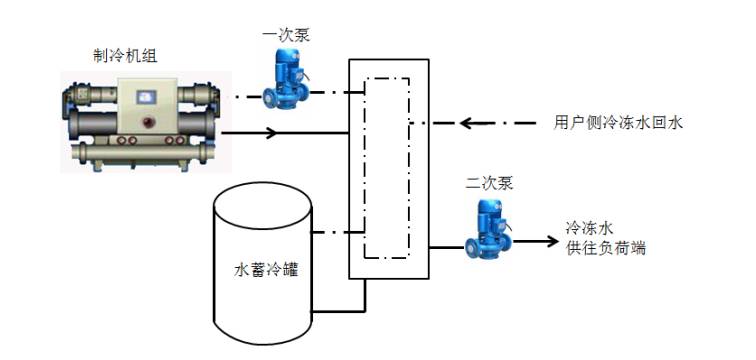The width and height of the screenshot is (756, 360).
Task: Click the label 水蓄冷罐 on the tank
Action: coord(263,269)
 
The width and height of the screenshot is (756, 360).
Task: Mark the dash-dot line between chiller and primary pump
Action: coord(240,97)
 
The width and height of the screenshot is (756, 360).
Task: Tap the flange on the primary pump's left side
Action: coord(267,97)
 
